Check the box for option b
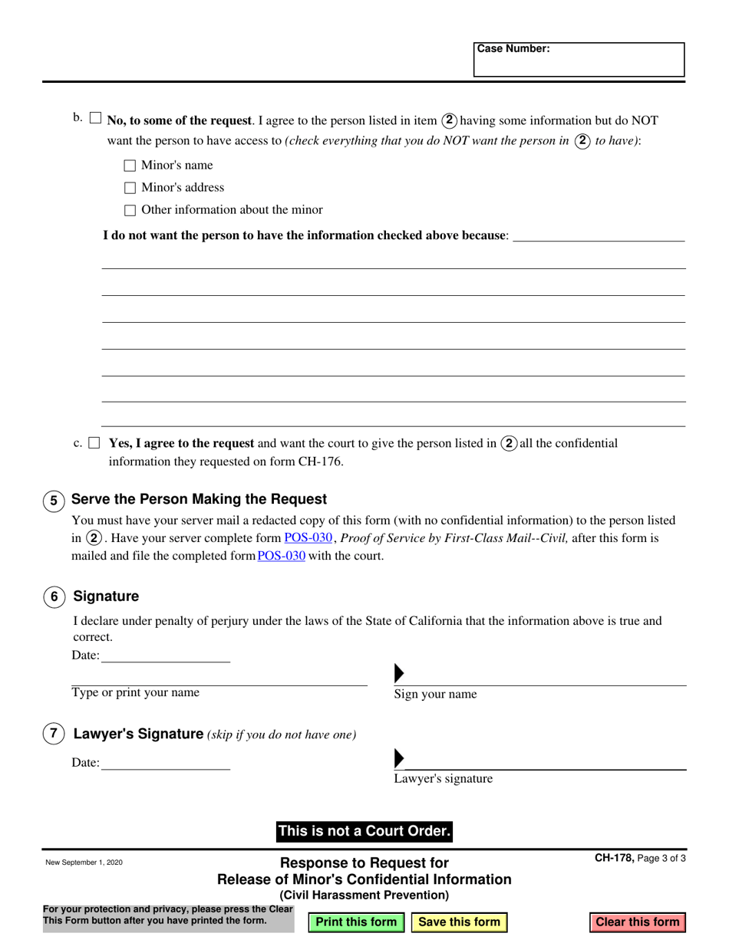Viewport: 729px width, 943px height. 95,118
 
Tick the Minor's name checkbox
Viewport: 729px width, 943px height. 130,166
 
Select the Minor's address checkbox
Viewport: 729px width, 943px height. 130,188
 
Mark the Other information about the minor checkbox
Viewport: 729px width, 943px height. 130,210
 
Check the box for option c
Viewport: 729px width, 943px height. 94,443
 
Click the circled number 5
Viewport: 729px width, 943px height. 53,501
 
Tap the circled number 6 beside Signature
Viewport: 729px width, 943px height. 53,598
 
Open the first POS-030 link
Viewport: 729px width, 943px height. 308,538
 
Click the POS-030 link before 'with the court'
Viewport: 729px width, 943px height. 281,557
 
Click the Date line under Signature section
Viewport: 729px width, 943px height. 165,655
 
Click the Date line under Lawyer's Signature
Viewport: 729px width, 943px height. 165,763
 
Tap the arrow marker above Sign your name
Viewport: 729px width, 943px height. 399,674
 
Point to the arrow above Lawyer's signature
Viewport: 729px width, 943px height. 399,758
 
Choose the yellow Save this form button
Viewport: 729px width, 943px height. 459,922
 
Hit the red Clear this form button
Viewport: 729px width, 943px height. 637,922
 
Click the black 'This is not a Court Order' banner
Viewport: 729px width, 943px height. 364,831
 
